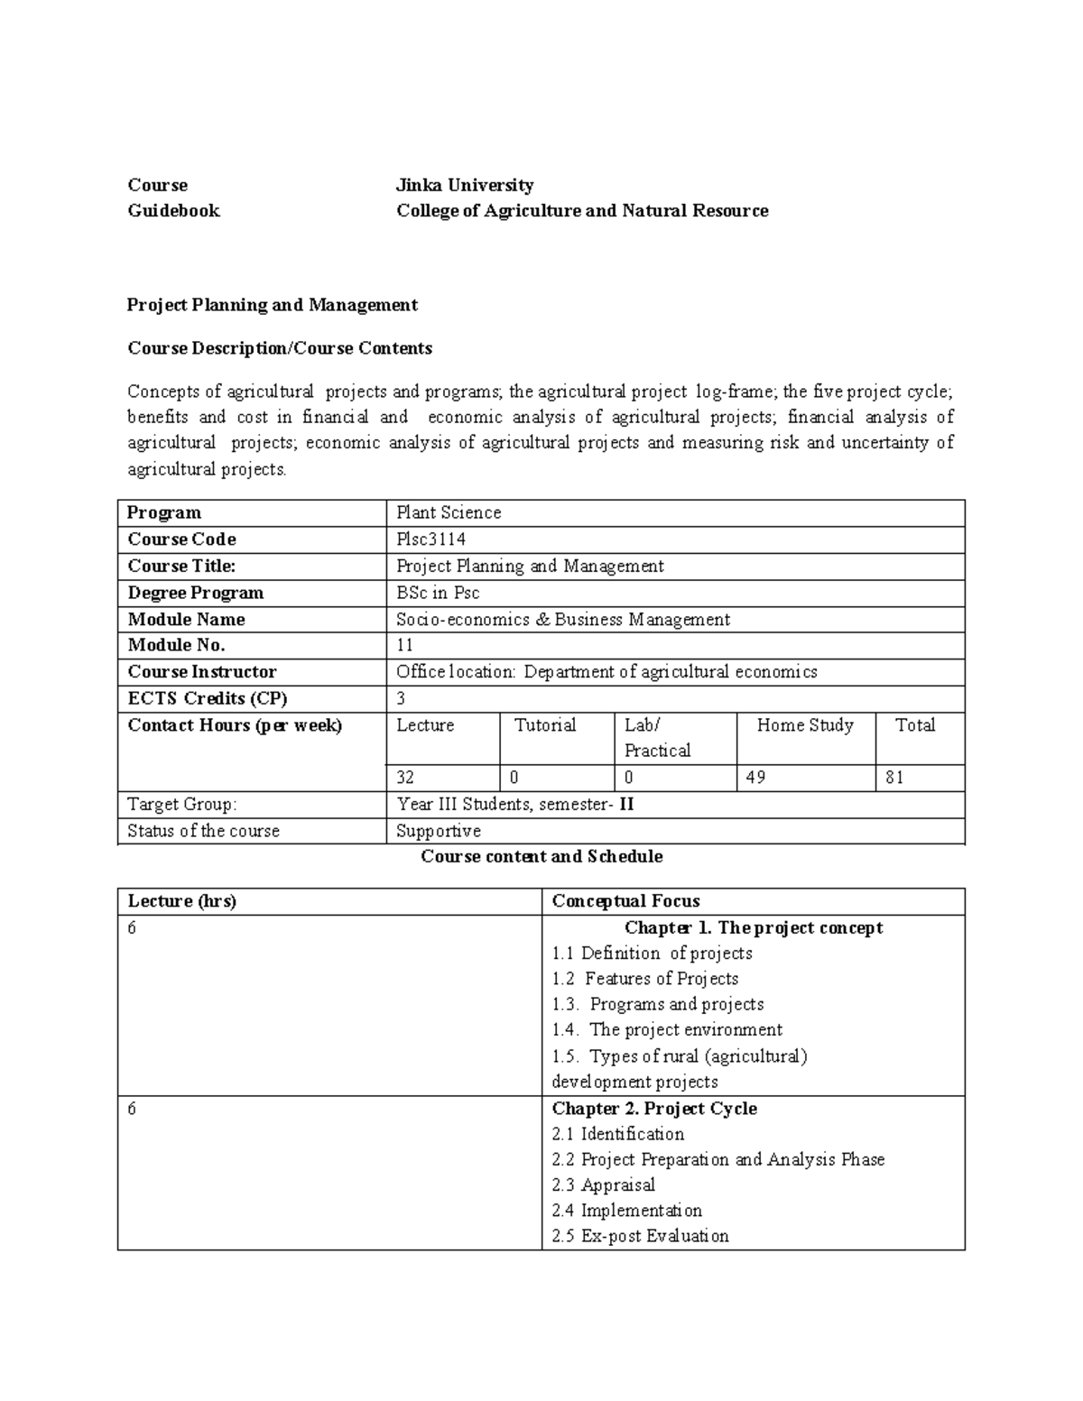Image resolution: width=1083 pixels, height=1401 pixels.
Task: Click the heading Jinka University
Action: (x=465, y=185)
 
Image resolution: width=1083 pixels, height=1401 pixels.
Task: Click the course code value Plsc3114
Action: (x=431, y=539)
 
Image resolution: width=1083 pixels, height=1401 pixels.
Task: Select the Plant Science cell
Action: (x=449, y=512)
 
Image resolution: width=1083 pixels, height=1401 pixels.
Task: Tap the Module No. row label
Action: (x=176, y=645)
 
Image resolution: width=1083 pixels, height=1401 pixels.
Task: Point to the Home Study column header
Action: (x=805, y=725)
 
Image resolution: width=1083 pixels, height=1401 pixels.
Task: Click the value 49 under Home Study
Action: (x=756, y=778)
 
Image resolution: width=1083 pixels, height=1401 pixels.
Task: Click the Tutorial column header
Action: (x=545, y=725)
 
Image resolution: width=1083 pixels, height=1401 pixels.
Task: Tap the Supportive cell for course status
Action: (x=439, y=831)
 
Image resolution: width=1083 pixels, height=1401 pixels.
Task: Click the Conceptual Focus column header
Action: (x=625, y=901)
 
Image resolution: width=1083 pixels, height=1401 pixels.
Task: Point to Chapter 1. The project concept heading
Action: (x=754, y=927)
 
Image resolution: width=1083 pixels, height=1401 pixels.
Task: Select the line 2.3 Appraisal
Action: (x=603, y=1185)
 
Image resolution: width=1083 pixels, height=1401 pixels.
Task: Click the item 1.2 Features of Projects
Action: (x=645, y=979)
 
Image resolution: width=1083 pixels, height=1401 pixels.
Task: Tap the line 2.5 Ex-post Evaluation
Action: (x=640, y=1237)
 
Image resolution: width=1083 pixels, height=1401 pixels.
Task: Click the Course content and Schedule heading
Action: (x=541, y=856)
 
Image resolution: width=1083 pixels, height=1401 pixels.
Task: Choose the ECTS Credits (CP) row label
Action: (x=208, y=698)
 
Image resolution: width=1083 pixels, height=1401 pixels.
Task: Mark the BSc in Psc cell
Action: (x=438, y=593)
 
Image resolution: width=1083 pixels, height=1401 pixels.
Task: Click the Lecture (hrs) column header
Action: (x=181, y=901)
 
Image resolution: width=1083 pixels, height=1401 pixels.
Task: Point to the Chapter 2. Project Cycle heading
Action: (x=654, y=1109)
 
